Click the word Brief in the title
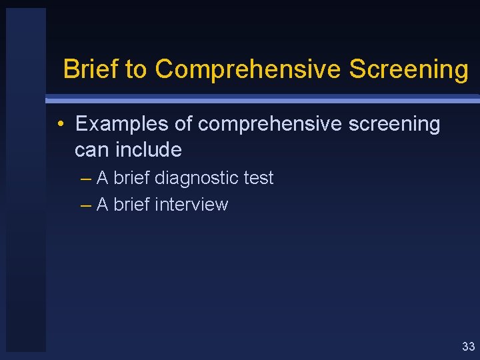coord(91,69)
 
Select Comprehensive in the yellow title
coord(249,69)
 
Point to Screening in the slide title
coord(409,69)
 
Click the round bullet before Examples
coord(60,124)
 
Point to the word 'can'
coord(92,150)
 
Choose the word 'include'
coord(148,149)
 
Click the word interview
coord(191,205)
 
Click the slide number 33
coord(468,346)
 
